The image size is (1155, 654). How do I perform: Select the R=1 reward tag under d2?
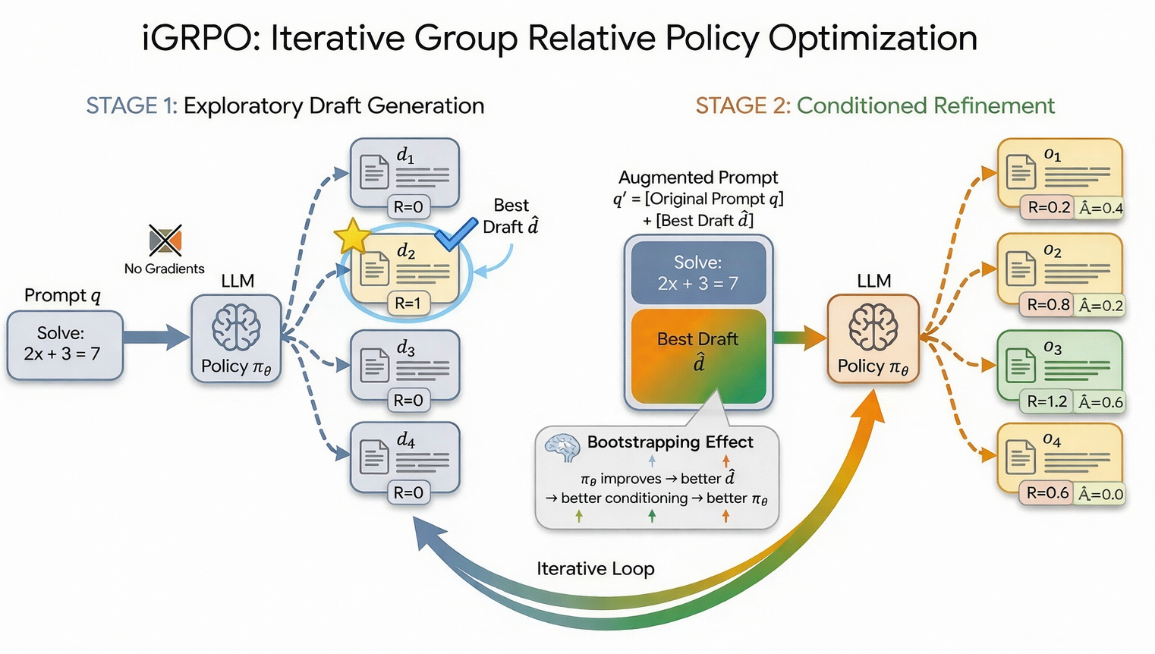pos(408,303)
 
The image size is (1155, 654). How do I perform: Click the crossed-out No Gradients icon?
pos(165,241)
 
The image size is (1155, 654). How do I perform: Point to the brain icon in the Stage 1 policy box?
pos(236,328)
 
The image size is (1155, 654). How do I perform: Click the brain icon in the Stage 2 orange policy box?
pos(873,327)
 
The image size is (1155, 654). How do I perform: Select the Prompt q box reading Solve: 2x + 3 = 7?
pos(65,344)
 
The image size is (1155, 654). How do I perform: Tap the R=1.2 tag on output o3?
pos(1046,401)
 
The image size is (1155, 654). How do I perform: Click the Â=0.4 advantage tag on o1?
pos(1100,208)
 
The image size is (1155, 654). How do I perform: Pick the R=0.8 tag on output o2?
pos(1047,305)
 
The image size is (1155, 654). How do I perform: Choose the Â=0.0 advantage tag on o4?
pos(1100,494)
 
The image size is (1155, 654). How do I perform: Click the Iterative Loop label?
pos(595,568)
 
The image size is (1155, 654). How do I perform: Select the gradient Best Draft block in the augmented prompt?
pos(697,355)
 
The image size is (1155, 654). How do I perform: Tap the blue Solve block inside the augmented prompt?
pos(697,273)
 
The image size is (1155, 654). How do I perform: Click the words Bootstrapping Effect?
pos(669,442)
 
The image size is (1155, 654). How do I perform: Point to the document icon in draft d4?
pos(373,457)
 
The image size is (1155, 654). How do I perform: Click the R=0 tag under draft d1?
pos(408,206)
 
